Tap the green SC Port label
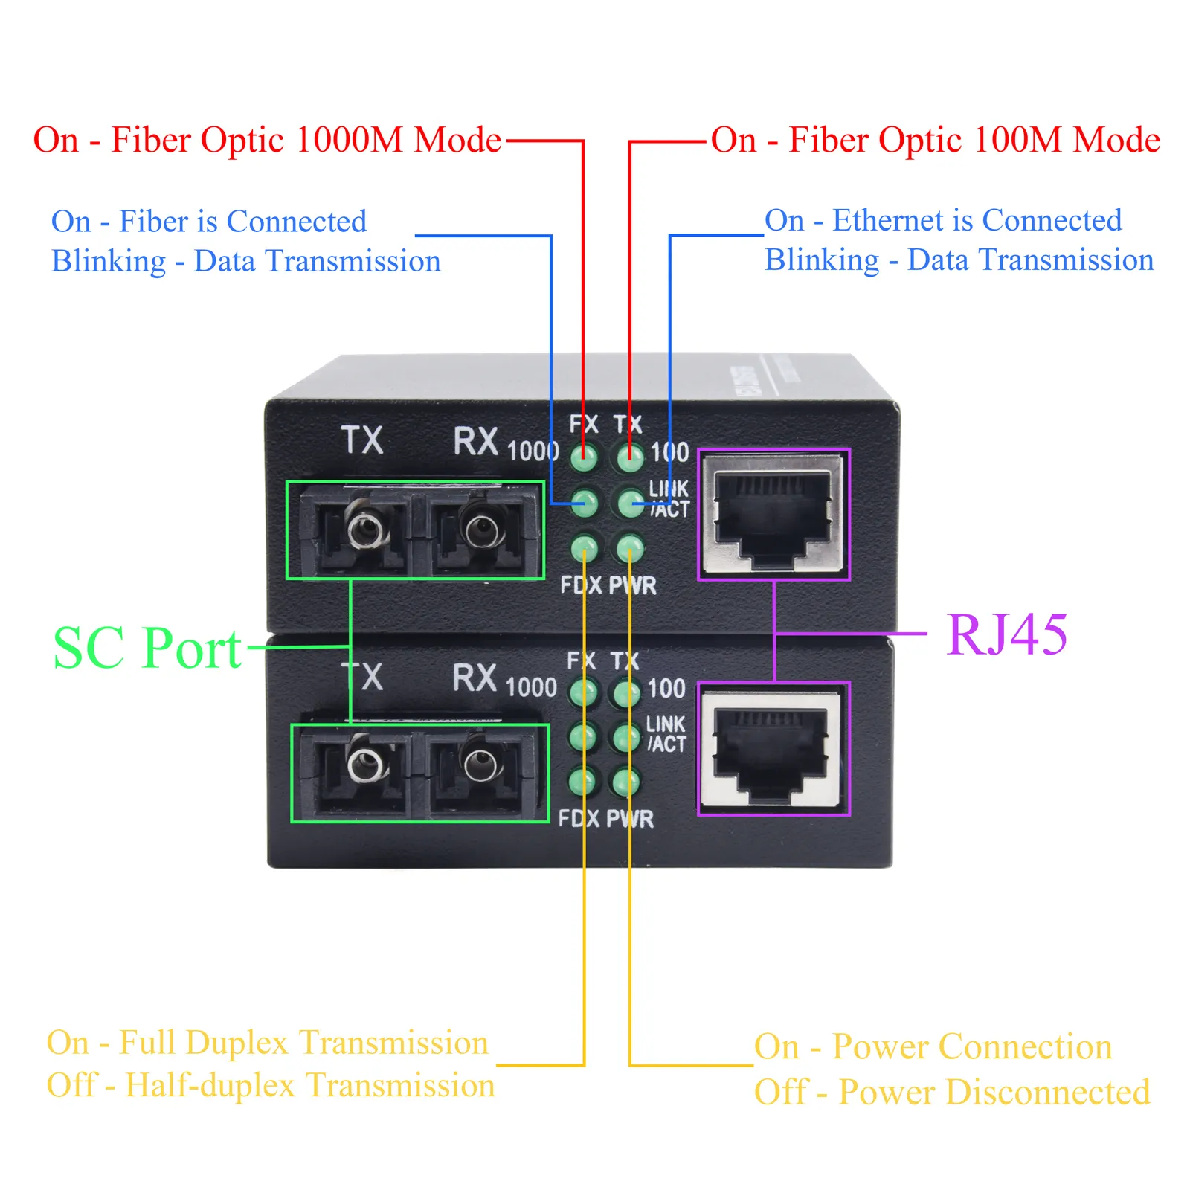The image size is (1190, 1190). (147, 649)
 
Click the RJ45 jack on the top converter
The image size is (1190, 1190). (773, 514)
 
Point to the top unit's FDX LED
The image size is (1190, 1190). (585, 549)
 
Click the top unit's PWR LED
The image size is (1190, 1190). (630, 549)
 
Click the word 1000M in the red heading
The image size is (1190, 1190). (349, 140)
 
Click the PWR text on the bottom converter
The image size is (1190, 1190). (630, 819)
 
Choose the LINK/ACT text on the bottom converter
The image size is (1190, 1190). (666, 734)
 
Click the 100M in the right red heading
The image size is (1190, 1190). (1017, 140)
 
